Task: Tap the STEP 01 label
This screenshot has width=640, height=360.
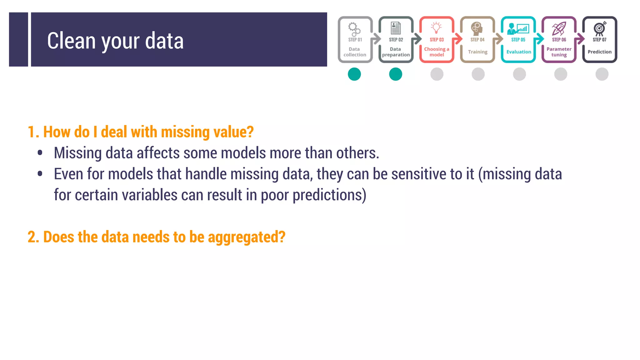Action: [x=355, y=40]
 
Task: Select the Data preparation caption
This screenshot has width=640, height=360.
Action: [x=396, y=52]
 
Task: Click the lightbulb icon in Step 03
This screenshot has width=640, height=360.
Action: [x=437, y=28]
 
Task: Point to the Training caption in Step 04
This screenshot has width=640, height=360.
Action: [x=477, y=52]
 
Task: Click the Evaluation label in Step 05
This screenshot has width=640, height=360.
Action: [x=518, y=52]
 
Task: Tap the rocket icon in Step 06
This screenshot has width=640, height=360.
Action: [x=559, y=28]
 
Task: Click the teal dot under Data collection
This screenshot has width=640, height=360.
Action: [x=354, y=74]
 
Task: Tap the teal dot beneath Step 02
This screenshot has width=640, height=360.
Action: [x=396, y=74]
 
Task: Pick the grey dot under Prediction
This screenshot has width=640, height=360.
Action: [x=602, y=74]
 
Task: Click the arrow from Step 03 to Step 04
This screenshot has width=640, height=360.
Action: [x=457, y=39]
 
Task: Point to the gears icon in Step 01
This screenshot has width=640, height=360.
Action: [x=354, y=29]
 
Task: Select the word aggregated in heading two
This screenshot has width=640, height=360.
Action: [x=246, y=237]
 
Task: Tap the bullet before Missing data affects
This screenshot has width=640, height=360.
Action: [x=40, y=153]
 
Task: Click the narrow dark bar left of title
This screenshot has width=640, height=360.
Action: [x=18, y=39]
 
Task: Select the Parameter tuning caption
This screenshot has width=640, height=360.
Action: [x=559, y=52]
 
